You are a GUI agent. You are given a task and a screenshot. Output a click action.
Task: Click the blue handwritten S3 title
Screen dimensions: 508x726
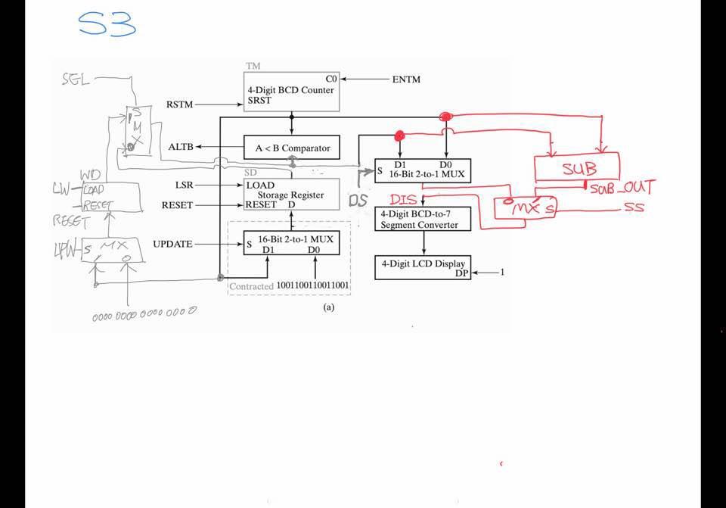pyautogui.click(x=107, y=24)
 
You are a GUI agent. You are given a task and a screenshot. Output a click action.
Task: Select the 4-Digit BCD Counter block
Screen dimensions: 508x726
pyautogui.click(x=290, y=92)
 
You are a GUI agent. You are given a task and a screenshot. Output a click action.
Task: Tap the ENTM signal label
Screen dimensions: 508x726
pyautogui.click(x=406, y=79)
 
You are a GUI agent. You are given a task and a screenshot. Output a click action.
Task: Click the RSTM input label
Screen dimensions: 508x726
pyautogui.click(x=179, y=104)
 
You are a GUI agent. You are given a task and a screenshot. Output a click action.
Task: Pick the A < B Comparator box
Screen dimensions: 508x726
pyautogui.click(x=292, y=148)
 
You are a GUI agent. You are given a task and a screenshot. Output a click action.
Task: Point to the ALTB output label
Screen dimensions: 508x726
pyautogui.click(x=181, y=147)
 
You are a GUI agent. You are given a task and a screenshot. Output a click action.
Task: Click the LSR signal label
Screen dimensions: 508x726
pyautogui.click(x=184, y=185)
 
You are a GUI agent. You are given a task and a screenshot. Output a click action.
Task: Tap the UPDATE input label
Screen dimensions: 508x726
pyautogui.click(x=172, y=244)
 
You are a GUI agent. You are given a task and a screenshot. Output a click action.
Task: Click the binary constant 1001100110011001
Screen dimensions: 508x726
pyautogui.click(x=313, y=285)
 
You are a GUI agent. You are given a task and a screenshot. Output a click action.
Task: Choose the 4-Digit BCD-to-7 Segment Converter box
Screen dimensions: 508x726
pyautogui.click(x=423, y=219)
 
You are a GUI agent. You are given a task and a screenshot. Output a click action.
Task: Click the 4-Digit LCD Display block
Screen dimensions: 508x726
pyautogui.click(x=423, y=268)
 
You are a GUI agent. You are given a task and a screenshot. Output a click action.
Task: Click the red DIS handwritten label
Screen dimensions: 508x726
pyautogui.click(x=403, y=200)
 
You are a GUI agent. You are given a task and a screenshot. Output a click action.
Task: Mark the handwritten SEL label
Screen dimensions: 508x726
pyautogui.click(x=76, y=78)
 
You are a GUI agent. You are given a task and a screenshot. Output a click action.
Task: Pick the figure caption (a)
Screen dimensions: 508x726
pyautogui.click(x=328, y=307)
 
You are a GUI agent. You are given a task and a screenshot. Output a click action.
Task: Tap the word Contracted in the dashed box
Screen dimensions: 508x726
pyautogui.click(x=251, y=286)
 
